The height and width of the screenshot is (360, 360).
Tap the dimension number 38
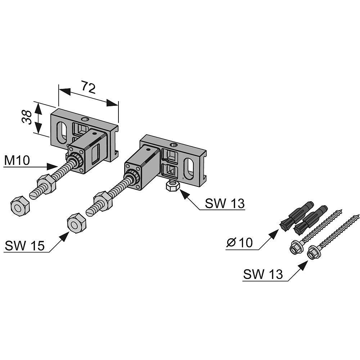(27, 117)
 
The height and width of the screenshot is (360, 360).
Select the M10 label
(17, 160)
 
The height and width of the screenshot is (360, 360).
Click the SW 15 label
(24, 246)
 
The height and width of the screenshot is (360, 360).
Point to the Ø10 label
(239, 242)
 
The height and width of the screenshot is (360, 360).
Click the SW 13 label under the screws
(263, 274)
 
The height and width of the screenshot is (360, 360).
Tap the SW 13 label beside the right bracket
(225, 203)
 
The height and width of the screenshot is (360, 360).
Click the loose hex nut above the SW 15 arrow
(76, 223)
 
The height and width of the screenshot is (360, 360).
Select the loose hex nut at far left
(20, 206)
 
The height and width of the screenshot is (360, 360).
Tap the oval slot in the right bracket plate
(189, 168)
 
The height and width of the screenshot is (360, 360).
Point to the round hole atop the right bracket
(174, 145)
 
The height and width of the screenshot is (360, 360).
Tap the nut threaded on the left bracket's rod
(46, 183)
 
